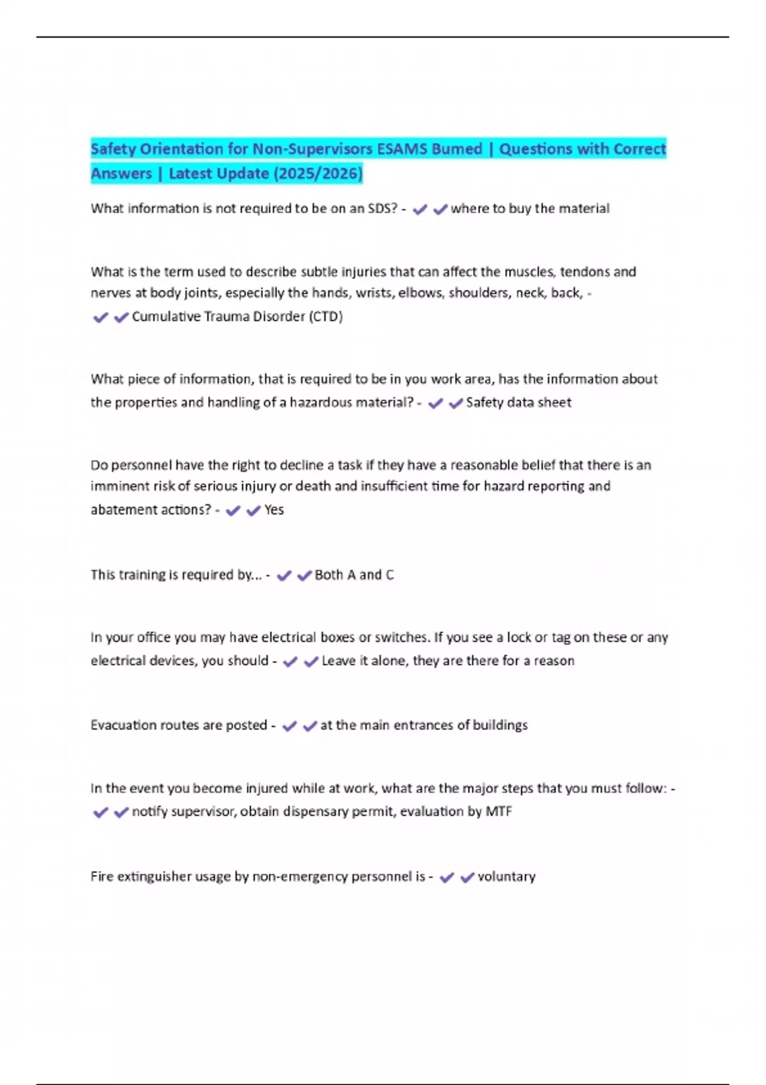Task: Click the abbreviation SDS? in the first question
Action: click(x=383, y=209)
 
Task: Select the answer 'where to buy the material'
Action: click(x=530, y=209)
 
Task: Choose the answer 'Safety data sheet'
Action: click(x=518, y=403)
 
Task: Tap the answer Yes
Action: click(x=274, y=510)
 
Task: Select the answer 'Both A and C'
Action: click(x=354, y=575)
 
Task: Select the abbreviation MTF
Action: click(x=499, y=812)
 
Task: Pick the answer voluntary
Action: click(x=506, y=877)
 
